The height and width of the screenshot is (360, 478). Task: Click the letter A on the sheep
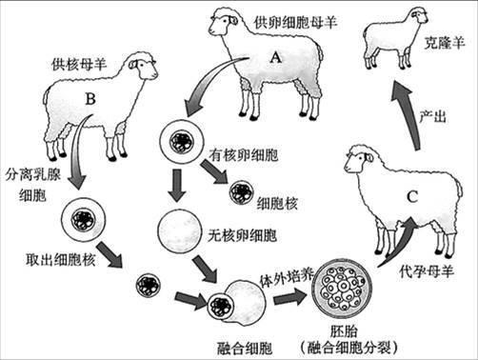[275, 57]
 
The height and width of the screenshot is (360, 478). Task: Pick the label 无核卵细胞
[243, 233]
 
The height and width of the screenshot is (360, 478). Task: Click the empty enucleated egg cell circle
[179, 230]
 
